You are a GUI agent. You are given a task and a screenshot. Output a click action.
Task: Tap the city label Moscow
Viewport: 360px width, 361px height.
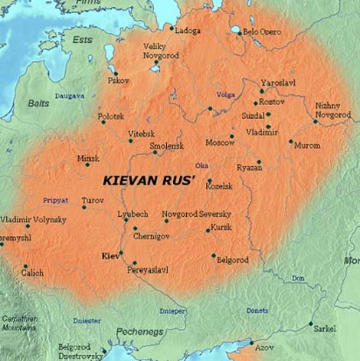pos(220,143)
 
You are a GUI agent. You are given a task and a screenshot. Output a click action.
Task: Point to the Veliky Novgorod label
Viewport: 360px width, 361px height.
pos(160,51)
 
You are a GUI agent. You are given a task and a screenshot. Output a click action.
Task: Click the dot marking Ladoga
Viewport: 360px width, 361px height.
pos(172,28)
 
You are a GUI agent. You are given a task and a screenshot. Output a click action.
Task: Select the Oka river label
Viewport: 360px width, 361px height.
pos(202,165)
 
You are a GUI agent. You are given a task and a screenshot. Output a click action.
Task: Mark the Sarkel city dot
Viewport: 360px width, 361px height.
pos(311,323)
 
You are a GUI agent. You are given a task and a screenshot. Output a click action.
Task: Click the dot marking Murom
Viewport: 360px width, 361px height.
pos(290,141)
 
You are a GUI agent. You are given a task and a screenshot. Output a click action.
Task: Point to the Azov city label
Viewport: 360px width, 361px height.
pos(264,347)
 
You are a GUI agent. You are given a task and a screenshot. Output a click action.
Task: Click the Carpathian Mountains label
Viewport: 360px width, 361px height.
pos(18,323)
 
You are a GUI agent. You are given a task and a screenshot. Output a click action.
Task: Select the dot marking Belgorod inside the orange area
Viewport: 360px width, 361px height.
pos(213,255)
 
